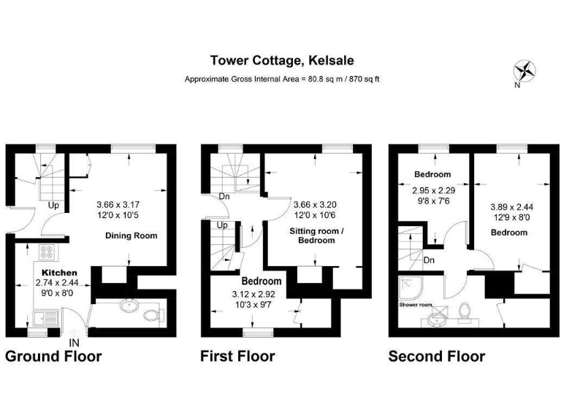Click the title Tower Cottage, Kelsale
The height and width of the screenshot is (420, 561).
(280, 61)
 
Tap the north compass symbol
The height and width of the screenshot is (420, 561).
(524, 71)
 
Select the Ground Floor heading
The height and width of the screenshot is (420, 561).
(53, 357)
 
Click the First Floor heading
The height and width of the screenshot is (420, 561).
(237, 357)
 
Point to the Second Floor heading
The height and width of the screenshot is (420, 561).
(436, 357)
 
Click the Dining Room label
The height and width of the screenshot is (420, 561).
(131, 236)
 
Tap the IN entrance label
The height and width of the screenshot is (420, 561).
(74, 342)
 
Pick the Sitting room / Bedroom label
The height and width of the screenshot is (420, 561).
(313, 235)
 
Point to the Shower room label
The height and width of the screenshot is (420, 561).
(415, 305)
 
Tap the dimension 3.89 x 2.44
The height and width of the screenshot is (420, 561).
(508, 206)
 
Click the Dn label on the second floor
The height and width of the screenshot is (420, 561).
(430, 260)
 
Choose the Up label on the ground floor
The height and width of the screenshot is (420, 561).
(53, 206)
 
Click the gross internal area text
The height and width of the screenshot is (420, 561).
(281, 79)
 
